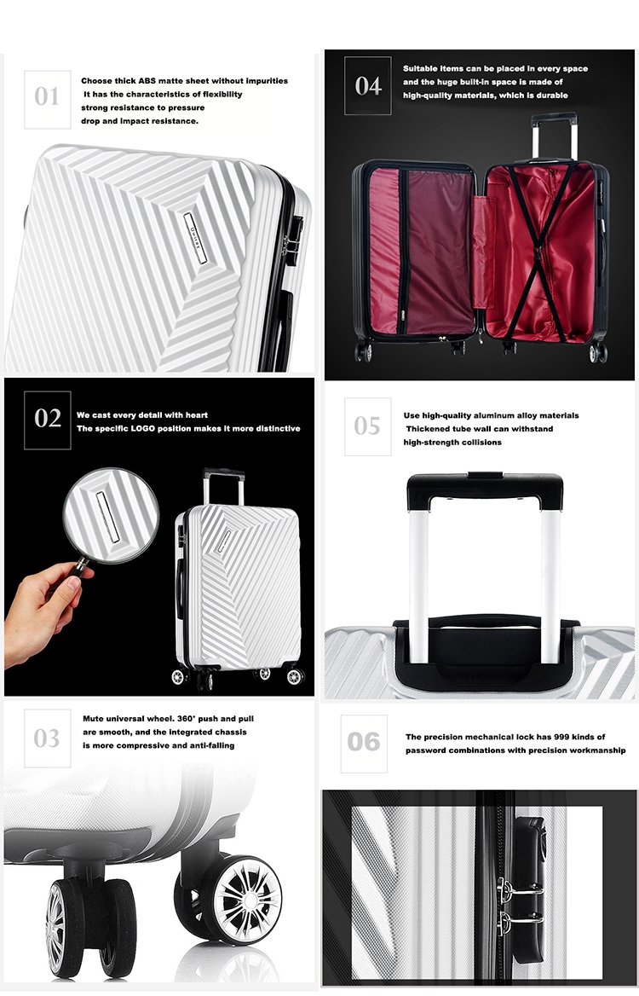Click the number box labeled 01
pyautogui.click(x=48, y=100)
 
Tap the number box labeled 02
pyautogui.click(x=48, y=420)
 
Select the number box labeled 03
pyautogui.click(x=48, y=738)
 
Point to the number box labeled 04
pyautogui.click(x=368, y=86)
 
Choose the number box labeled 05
pyautogui.click(x=368, y=426)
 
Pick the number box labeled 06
pyautogui.click(x=364, y=744)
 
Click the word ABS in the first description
pyautogui.click(x=147, y=81)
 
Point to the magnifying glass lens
pyautogui.click(x=111, y=514)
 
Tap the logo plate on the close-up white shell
pyautogui.click(x=195, y=238)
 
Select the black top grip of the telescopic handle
pyautogui.click(x=486, y=490)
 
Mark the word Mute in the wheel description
pyautogui.click(x=94, y=718)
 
